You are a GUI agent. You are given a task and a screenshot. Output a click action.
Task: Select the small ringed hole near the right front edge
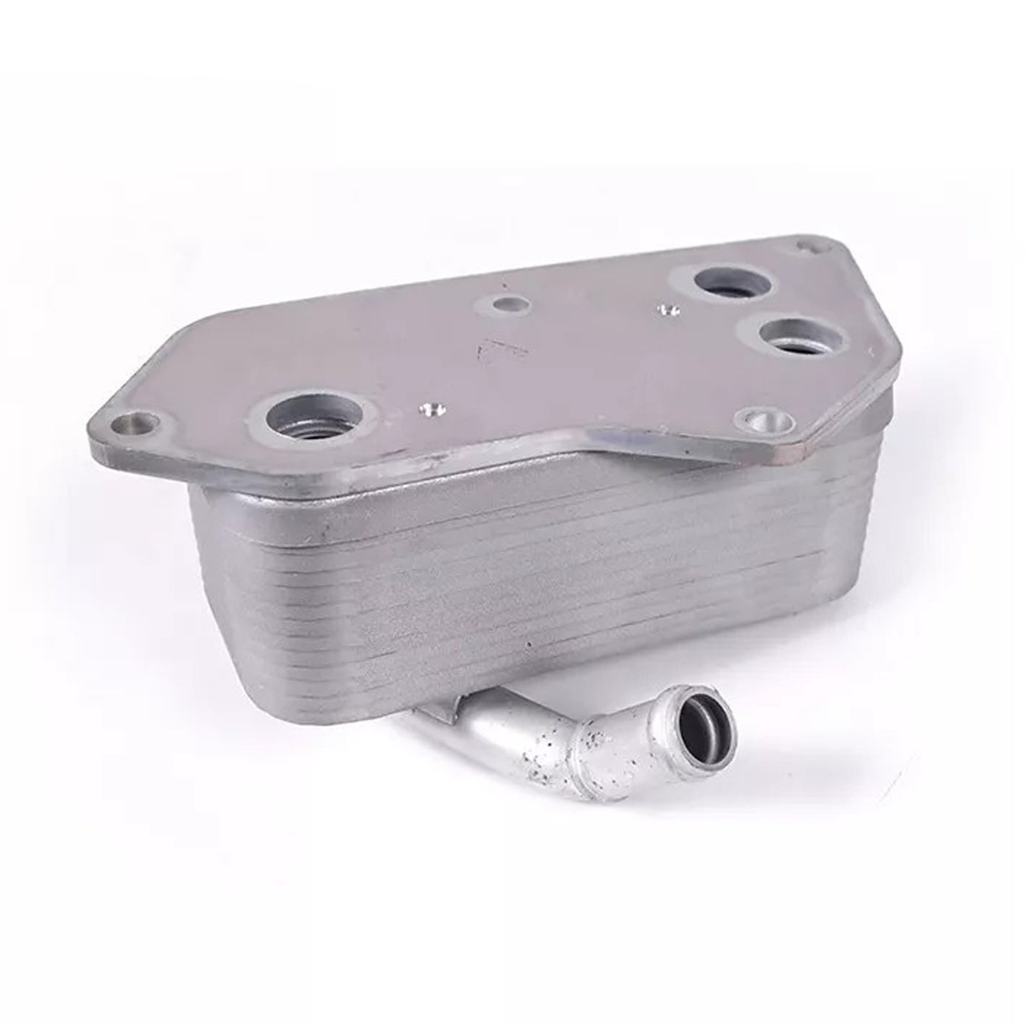point(766,421)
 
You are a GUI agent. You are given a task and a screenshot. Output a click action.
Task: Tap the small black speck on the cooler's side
point(530,643)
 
